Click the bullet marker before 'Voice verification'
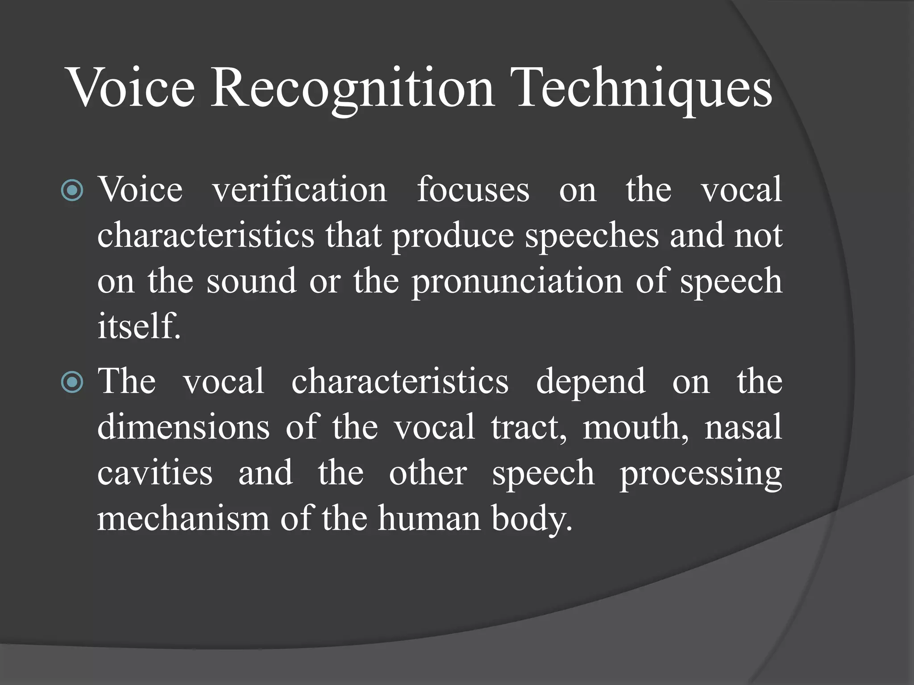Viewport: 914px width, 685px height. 72,190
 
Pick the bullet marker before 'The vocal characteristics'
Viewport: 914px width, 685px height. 72,382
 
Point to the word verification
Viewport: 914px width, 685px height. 299,190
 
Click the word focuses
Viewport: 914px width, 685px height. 473,190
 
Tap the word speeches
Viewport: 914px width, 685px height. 592,236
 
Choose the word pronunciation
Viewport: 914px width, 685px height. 517,282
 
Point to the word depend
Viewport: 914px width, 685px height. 590,382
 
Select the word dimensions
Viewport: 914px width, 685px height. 183,427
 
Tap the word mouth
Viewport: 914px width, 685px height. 636,427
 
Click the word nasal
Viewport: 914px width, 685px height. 743,427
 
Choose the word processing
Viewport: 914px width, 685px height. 701,474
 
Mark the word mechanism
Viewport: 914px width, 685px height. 183,518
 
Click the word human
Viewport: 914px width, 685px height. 429,518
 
